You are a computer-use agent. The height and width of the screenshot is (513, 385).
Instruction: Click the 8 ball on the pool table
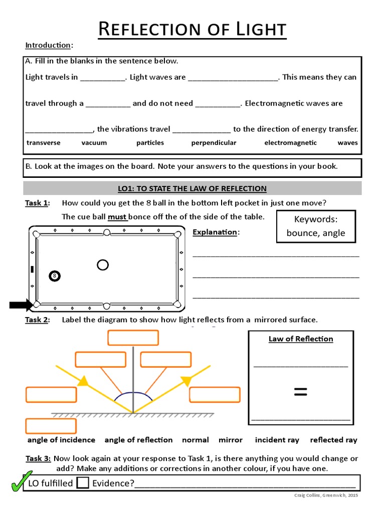[55, 276]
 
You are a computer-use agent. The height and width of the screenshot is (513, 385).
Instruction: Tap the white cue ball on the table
[103, 265]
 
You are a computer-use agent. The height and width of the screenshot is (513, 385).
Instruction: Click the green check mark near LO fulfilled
[21, 481]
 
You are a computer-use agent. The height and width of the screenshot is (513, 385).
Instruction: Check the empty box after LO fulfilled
[83, 483]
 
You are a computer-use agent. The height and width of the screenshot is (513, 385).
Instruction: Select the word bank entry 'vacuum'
[94, 143]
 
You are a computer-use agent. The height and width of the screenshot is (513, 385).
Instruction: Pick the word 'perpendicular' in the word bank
[214, 143]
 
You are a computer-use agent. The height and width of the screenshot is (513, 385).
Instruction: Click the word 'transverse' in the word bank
[44, 143]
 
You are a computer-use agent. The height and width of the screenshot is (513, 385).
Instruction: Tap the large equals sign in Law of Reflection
[300, 392]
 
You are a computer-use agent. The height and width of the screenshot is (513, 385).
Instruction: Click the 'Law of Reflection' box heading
[301, 339]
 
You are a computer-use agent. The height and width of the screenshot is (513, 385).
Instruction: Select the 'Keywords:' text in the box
[316, 219]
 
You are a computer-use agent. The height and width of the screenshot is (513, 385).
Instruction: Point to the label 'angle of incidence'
[61, 440]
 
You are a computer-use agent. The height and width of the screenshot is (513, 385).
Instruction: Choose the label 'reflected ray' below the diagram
[333, 440]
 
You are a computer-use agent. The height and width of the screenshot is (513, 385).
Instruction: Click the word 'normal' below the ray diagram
[196, 440]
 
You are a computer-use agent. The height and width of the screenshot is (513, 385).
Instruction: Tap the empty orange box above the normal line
[133, 338]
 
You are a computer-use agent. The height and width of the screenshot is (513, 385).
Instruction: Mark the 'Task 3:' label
[38, 458]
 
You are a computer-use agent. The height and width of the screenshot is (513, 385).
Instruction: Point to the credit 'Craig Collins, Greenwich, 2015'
[326, 495]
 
